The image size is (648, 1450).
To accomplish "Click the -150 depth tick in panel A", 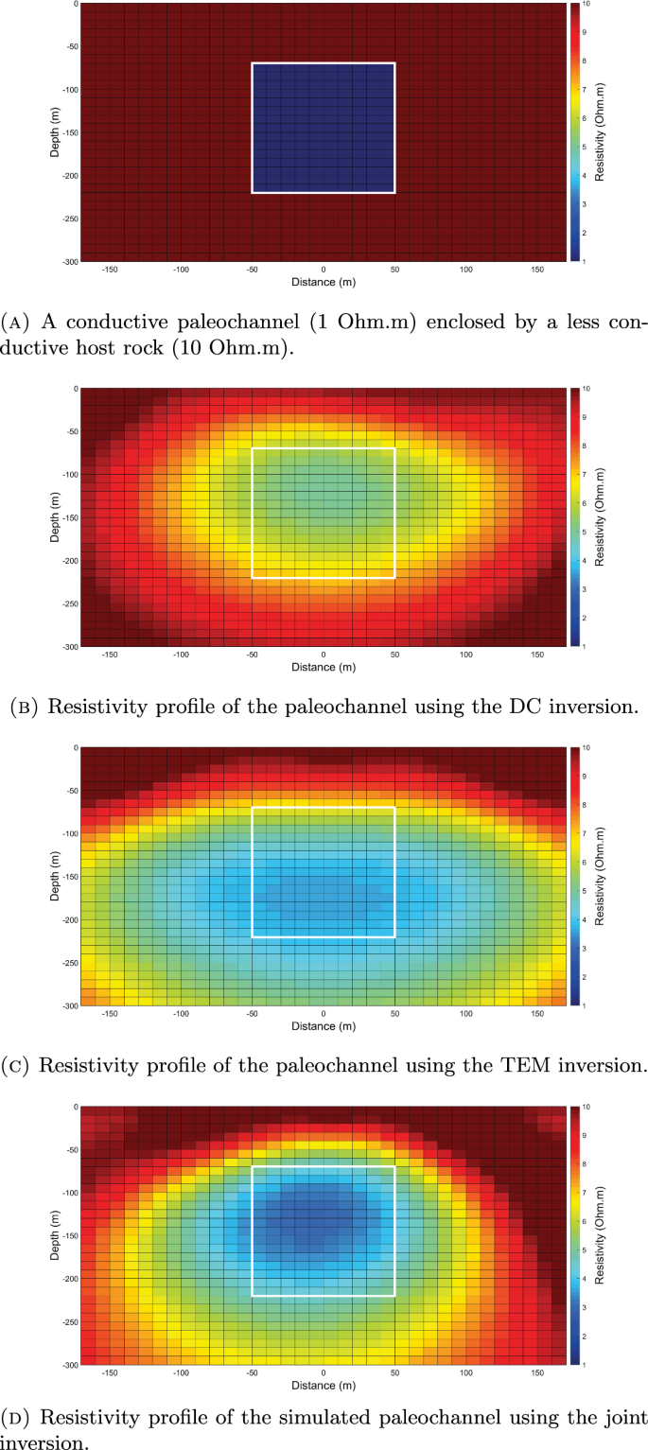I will point(65,132).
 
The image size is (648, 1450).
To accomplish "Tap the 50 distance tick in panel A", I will point(394,270).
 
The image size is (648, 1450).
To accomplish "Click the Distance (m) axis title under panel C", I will point(324,1026).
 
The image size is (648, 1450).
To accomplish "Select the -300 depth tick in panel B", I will point(65,646).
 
